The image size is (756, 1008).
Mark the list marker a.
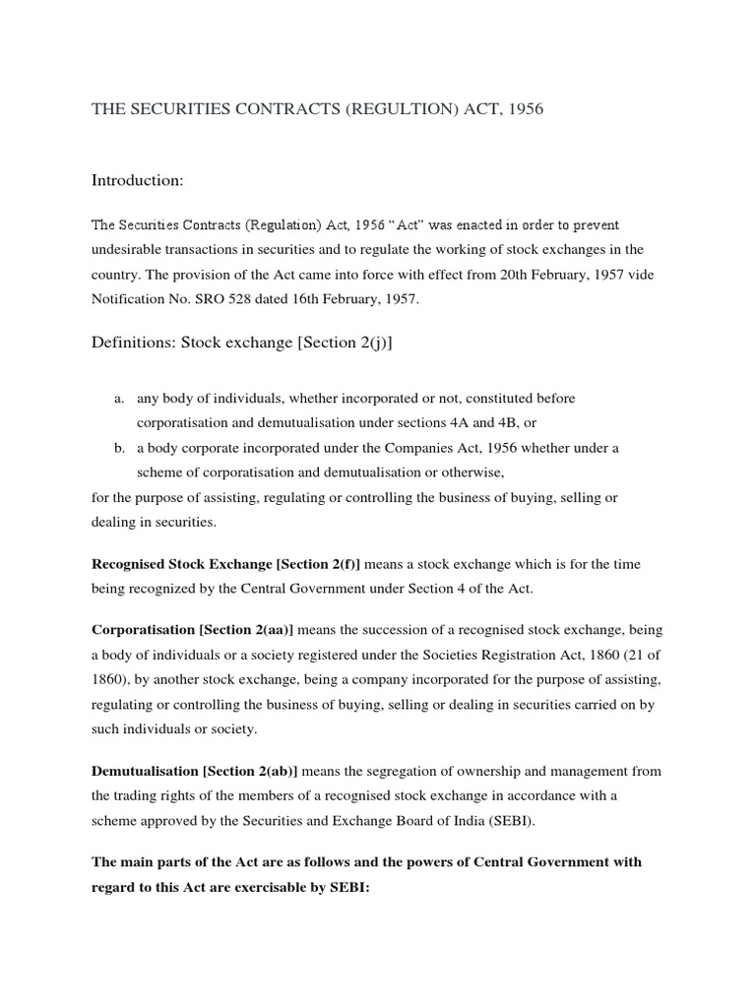pyautogui.click(x=119, y=399)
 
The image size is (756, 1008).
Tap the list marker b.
pyautogui.click(x=119, y=448)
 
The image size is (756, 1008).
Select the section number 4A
pyautogui.click(x=459, y=423)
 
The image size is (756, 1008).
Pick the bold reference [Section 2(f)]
pyautogui.click(x=304, y=563)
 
